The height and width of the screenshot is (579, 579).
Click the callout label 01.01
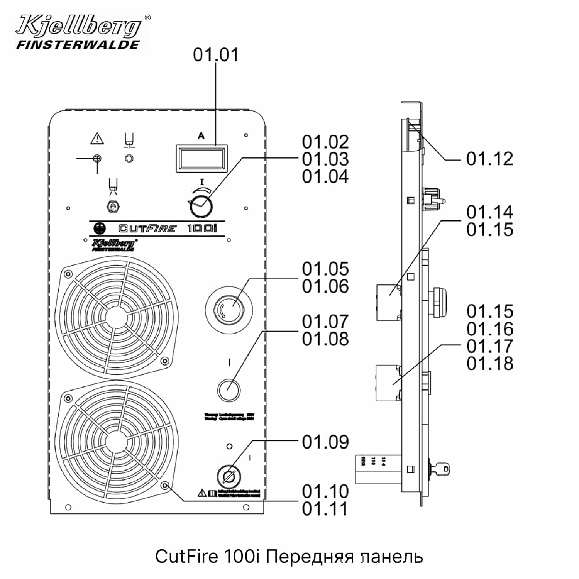tap(216, 55)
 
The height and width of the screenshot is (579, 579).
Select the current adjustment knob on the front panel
tap(201, 206)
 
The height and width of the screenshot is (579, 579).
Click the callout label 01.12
tap(489, 159)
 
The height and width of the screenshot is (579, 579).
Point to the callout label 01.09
tap(325, 442)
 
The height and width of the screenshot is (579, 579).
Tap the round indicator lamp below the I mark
tap(229, 389)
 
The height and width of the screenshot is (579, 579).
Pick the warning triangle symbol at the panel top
tap(97, 138)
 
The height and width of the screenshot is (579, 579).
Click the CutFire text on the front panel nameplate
tap(147, 229)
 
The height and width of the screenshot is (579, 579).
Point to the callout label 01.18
tap(489, 364)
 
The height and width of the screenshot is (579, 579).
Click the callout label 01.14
tap(489, 212)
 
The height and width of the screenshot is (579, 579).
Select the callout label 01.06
tap(325, 286)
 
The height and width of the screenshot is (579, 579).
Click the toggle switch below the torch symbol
tap(113, 207)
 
